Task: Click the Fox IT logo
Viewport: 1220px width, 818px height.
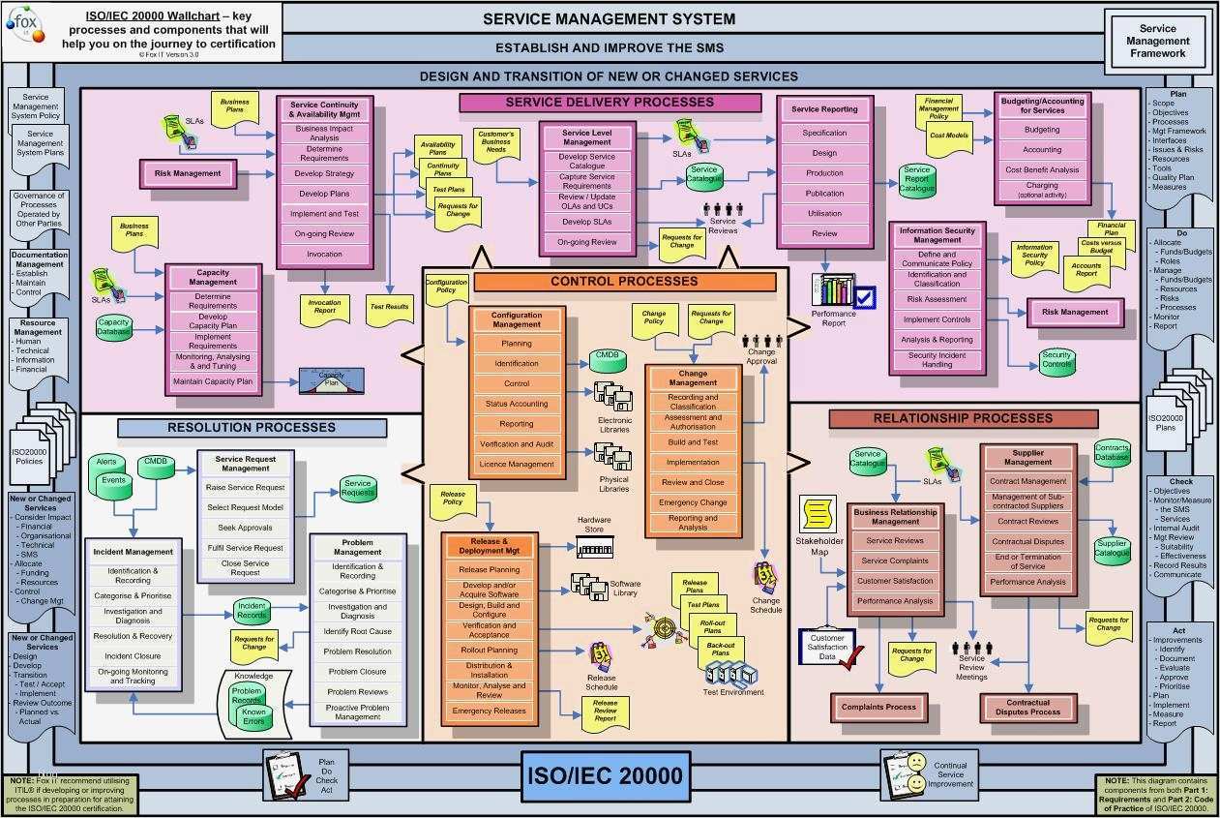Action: click(x=26, y=23)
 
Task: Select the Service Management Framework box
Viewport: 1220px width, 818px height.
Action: click(x=1157, y=42)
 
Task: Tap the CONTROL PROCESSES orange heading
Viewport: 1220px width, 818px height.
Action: click(x=624, y=282)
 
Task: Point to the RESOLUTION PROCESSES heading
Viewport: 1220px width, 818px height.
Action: click(x=252, y=428)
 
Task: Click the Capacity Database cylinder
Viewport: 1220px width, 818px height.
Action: click(x=114, y=327)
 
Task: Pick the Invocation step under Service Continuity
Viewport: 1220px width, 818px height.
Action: click(x=324, y=255)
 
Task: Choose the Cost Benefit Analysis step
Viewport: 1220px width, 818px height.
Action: click(x=1042, y=169)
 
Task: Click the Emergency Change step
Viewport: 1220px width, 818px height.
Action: click(x=693, y=502)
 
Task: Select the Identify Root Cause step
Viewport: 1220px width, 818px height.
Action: click(x=358, y=631)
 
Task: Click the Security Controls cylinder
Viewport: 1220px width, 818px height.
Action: click(x=1056, y=360)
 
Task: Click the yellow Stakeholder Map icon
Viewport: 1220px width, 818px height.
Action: click(x=818, y=513)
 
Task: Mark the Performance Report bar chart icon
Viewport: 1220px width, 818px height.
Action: click(x=835, y=291)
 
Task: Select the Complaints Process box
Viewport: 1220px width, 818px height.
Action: click(x=878, y=708)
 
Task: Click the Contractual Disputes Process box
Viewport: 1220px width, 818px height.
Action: click(x=1027, y=708)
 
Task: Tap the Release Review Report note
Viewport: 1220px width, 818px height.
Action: click(x=605, y=711)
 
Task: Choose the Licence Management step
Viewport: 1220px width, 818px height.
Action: click(x=517, y=465)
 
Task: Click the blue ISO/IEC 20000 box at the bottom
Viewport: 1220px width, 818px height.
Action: click(x=606, y=774)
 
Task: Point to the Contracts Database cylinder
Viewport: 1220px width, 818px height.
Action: click(x=1112, y=452)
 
